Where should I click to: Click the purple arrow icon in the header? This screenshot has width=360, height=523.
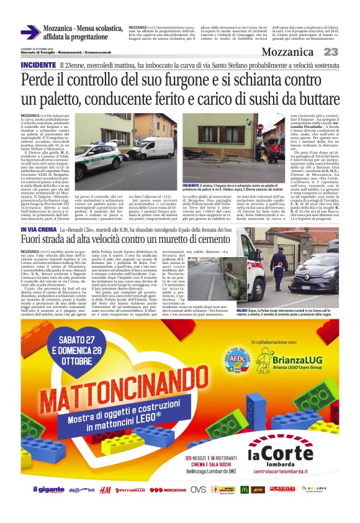tap(30, 32)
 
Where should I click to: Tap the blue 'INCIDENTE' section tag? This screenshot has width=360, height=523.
tap(38, 65)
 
